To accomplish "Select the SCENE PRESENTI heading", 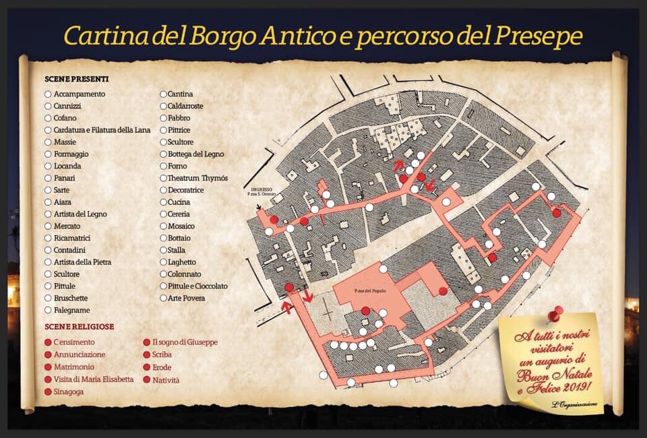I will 77,79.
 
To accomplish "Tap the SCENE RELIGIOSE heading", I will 79,326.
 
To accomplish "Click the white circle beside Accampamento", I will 48,94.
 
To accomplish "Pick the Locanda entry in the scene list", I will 67,166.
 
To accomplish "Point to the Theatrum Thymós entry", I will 198,179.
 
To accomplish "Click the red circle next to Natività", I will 146,380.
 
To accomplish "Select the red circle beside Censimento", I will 48,342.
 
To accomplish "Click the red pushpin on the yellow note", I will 555,313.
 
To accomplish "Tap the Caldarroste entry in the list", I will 185,106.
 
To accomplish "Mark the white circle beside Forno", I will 163,166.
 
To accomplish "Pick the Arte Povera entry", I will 186,298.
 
